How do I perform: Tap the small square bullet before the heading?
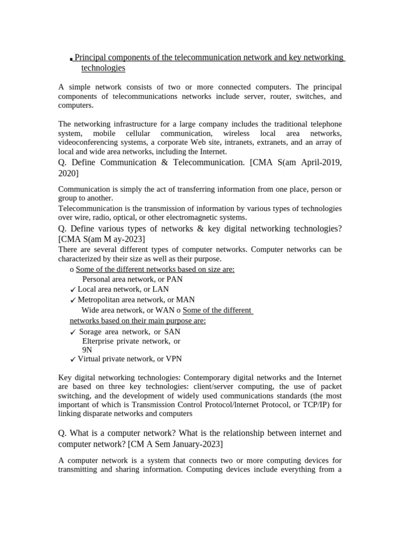[71, 59]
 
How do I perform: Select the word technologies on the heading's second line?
[103, 68]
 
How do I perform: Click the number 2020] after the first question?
[68, 173]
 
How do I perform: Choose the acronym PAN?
[175, 279]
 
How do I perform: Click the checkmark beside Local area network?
[73, 290]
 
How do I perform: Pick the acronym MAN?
[185, 300]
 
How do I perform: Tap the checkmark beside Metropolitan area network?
[73, 300]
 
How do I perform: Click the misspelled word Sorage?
[90, 332]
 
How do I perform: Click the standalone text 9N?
[87, 350]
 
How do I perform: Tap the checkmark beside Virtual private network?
[73, 360]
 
